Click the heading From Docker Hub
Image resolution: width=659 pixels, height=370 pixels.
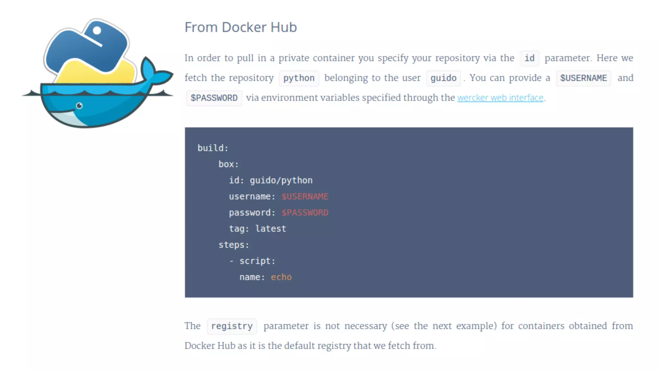pyautogui.click(x=240, y=27)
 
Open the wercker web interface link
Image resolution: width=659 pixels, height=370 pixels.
pyautogui.click(x=500, y=98)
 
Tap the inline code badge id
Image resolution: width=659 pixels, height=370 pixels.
pyautogui.click(x=529, y=58)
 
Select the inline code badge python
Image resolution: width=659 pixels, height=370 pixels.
pyautogui.click(x=299, y=78)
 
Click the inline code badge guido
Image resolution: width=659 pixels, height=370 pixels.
pyautogui.click(x=443, y=78)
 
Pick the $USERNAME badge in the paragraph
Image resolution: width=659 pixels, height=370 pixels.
pyautogui.click(x=583, y=78)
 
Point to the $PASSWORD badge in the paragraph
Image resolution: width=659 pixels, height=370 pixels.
pyautogui.click(x=214, y=98)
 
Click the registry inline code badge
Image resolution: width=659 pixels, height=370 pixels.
pyautogui.click(x=232, y=326)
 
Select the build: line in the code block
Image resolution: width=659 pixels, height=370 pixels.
pyautogui.click(x=213, y=148)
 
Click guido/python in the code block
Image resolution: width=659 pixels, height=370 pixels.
pyautogui.click(x=281, y=181)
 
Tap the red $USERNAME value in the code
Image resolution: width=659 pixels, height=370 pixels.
pyautogui.click(x=305, y=197)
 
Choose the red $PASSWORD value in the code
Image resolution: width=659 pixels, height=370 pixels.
pyautogui.click(x=305, y=213)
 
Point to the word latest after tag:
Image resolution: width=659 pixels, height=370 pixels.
pyautogui.click(x=271, y=229)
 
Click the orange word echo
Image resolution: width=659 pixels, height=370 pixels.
pyautogui.click(x=281, y=277)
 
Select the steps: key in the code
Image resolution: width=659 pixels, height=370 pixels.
pyautogui.click(x=234, y=245)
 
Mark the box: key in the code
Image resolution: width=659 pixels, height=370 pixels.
pyautogui.click(x=228, y=164)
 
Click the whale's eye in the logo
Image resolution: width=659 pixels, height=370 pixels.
pyautogui.click(x=79, y=106)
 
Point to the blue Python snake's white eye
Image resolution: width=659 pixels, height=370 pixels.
pyautogui.click(x=97, y=31)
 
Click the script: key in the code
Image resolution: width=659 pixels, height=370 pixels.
pyautogui.click(x=257, y=261)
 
